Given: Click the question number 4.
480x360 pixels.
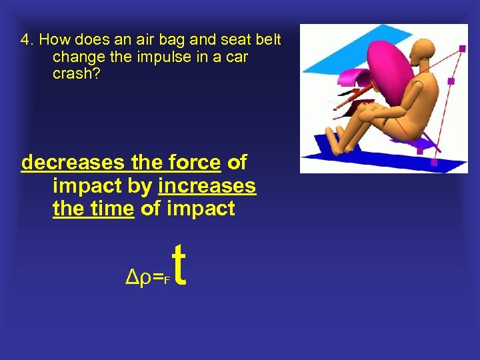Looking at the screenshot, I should click(x=25, y=40).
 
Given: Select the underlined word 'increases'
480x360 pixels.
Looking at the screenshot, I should click(x=207, y=185).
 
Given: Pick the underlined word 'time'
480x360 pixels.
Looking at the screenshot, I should click(x=112, y=209).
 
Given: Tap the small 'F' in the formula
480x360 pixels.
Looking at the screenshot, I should click(x=167, y=278).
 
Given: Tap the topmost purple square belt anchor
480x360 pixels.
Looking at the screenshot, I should click(x=462, y=48).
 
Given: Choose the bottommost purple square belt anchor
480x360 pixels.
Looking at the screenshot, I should click(x=435, y=161).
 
